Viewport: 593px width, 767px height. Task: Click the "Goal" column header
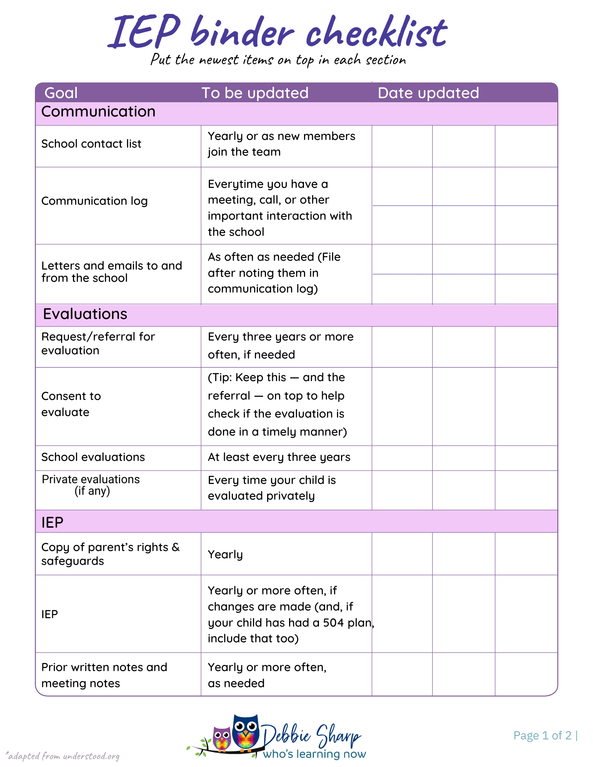click(61, 93)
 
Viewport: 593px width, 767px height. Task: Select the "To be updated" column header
click(255, 93)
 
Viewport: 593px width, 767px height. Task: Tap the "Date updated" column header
click(428, 93)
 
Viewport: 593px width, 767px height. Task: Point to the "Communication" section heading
click(98, 112)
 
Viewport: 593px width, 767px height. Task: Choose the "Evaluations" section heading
click(85, 314)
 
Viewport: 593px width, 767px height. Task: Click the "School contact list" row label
click(91, 144)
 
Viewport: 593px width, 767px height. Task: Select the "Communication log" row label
click(94, 201)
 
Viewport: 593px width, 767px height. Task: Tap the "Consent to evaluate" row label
click(71, 404)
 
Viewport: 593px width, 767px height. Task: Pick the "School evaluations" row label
click(93, 457)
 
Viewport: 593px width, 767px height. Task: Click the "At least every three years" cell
click(279, 457)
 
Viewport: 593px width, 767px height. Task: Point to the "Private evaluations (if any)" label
click(91, 485)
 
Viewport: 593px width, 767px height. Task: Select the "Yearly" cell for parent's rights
click(225, 555)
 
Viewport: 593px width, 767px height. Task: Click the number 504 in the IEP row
click(333, 622)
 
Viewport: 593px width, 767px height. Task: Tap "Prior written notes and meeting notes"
click(104, 675)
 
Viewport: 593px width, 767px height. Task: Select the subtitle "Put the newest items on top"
click(278, 60)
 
